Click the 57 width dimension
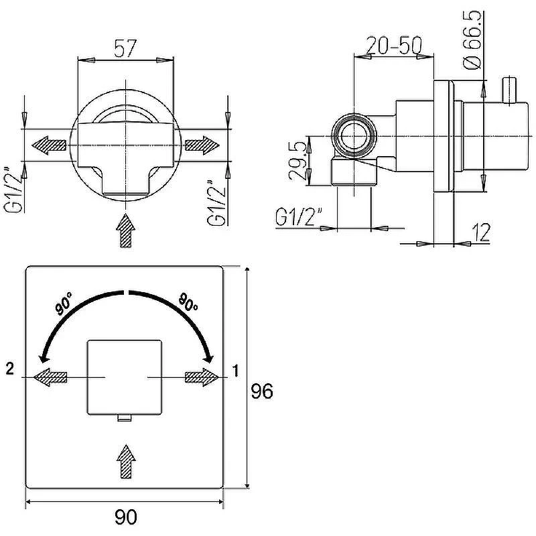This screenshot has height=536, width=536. tap(125, 48)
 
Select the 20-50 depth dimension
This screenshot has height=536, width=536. tap(394, 45)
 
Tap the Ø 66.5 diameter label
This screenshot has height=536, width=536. tap(472, 40)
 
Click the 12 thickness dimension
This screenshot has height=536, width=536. tap(481, 232)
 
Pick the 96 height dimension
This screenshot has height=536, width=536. tap(262, 391)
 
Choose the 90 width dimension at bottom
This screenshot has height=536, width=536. tap(126, 517)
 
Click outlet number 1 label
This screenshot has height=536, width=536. tap(235, 371)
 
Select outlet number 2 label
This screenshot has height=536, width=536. tap(10, 368)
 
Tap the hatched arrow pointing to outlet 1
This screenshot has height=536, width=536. tap(202, 377)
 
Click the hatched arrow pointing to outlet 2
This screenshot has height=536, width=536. tap(50, 377)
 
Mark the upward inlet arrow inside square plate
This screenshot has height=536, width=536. tap(126, 462)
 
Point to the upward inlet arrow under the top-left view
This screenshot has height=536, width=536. tap(125, 230)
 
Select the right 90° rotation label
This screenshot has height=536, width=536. tap(188, 301)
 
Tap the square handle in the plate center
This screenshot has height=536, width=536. tap(124, 377)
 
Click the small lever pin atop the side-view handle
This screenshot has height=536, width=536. tap(509, 90)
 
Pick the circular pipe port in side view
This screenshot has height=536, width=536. tap(354, 136)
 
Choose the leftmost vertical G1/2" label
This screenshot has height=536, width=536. tap(14, 190)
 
